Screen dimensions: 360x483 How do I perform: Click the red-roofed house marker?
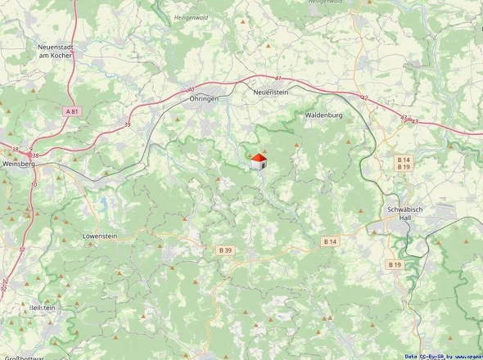point(258,160)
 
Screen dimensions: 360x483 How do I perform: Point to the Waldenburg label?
point(323,115)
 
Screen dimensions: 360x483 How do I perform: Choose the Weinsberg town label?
point(20,163)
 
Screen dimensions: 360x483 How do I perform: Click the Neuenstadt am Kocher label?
point(57,52)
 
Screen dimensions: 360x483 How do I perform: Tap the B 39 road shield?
point(226,250)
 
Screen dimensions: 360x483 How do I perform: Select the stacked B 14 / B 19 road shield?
point(404,163)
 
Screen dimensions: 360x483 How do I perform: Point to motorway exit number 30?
point(191,89)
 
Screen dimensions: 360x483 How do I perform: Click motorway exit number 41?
point(278,79)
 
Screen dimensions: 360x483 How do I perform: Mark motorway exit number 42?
point(364,98)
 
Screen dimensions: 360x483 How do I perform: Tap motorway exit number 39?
point(127,124)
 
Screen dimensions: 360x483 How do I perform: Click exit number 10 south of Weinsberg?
point(34,185)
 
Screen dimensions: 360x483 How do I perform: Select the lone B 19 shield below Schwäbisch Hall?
point(395,264)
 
